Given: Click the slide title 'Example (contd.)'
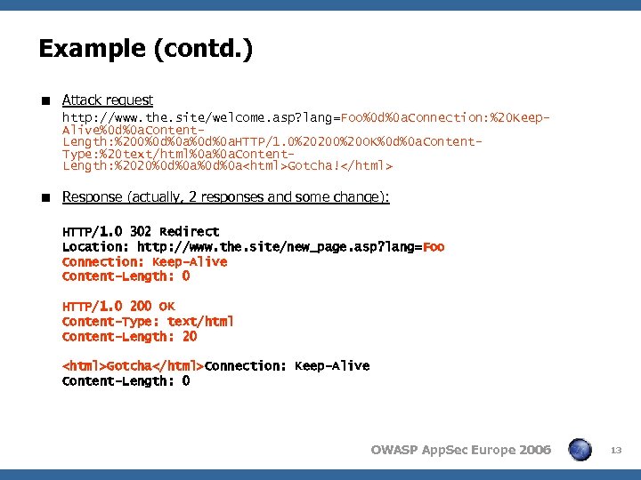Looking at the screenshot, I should pos(145,49).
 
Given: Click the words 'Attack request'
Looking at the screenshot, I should pos(108,100).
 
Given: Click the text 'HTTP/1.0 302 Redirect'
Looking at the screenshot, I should pos(141,231).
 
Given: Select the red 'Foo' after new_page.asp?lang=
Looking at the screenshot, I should pos(434,246).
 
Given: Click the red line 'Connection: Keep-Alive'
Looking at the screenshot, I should pos(144,261).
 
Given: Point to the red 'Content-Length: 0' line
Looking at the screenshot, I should pos(126,276).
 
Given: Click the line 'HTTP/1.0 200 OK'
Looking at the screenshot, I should pos(118,307).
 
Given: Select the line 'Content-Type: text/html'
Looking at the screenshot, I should pos(148,322).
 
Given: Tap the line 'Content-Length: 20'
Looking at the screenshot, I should pos(129,337).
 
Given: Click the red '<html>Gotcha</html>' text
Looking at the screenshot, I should pos(133,366).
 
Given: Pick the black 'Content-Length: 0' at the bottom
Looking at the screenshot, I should pos(126,381).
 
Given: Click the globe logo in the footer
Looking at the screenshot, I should pos(580,450).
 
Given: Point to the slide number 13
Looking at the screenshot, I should pos(615,451).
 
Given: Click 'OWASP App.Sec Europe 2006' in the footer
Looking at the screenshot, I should pos(460,450).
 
